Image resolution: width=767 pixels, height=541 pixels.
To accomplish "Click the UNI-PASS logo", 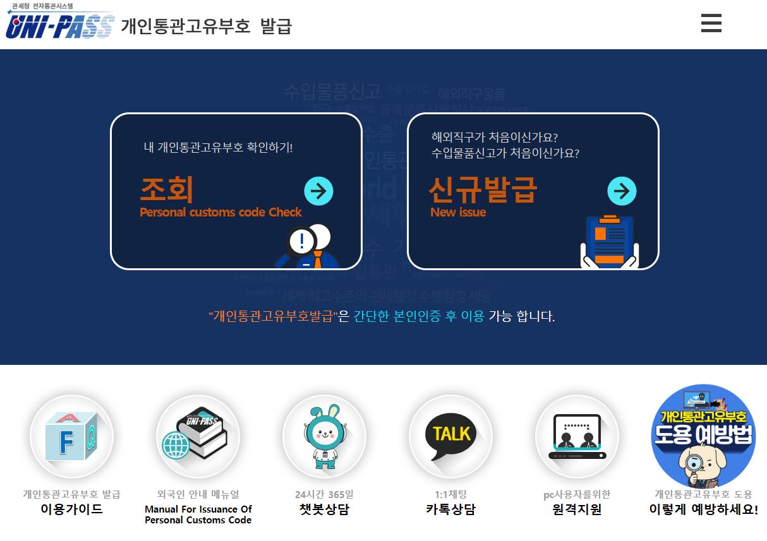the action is pyautogui.click(x=60, y=25).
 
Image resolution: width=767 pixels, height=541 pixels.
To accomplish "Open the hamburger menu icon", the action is pyautogui.click(x=711, y=23).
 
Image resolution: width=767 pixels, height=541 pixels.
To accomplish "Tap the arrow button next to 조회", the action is pyautogui.click(x=318, y=191).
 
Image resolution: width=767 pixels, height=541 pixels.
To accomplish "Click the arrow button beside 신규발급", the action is pyautogui.click(x=622, y=191).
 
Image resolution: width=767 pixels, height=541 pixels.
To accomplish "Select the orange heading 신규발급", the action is pyautogui.click(x=483, y=189).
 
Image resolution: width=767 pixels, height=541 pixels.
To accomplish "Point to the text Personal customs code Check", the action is pyautogui.click(x=220, y=213).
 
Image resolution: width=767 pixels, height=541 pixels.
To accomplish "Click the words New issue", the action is pyautogui.click(x=458, y=213).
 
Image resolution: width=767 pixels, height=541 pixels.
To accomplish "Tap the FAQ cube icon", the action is pyautogui.click(x=71, y=436).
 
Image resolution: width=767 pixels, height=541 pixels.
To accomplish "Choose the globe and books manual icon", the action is pyautogui.click(x=198, y=436).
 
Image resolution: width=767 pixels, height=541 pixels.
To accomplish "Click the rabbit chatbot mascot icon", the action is pyautogui.click(x=324, y=436).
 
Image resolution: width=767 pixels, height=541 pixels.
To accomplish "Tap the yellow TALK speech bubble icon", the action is pyautogui.click(x=450, y=436).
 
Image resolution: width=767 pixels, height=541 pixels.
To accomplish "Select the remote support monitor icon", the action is pyautogui.click(x=577, y=436).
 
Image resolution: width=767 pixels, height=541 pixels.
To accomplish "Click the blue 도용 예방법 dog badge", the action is pyautogui.click(x=703, y=436).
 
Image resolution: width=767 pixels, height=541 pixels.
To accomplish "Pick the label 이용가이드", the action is pyautogui.click(x=71, y=509).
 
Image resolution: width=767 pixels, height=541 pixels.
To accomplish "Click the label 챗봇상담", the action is pyautogui.click(x=324, y=509).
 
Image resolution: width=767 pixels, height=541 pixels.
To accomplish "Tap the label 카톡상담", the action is pyautogui.click(x=450, y=509).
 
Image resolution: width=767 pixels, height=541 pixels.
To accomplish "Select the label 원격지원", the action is pyautogui.click(x=577, y=509).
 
